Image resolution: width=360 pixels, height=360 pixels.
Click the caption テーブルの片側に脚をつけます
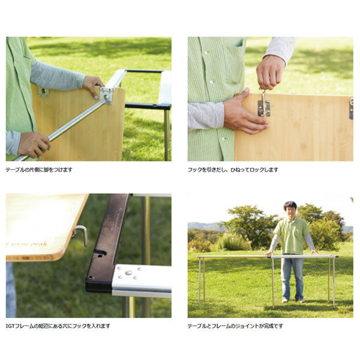coord(39,170)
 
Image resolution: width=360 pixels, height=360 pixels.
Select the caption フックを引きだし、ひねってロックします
coord(233,170)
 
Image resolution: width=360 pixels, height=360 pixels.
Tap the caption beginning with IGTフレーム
coord(58,326)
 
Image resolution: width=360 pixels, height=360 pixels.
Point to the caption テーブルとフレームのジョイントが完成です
coord(235,326)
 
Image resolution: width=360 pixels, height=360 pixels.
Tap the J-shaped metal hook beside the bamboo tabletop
coord(83,234)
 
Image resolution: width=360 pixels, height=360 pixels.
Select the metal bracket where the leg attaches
coord(107,96)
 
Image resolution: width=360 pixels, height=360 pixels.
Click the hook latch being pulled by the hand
coord(263,104)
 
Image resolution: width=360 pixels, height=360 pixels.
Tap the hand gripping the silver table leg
coord(34,145)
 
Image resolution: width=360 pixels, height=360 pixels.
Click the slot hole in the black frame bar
coord(100,253)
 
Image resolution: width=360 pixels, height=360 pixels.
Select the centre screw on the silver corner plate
coord(128,272)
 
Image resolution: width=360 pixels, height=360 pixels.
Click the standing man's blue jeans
coord(292,278)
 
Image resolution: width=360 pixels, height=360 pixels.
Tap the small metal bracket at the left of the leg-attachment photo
coord(44,92)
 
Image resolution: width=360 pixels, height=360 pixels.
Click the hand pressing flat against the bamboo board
coord(245,113)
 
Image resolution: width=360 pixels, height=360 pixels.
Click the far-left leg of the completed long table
coord(199,283)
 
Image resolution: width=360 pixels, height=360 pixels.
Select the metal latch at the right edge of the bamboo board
coord(351,109)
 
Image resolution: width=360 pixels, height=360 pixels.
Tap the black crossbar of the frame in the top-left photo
coord(144,71)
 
